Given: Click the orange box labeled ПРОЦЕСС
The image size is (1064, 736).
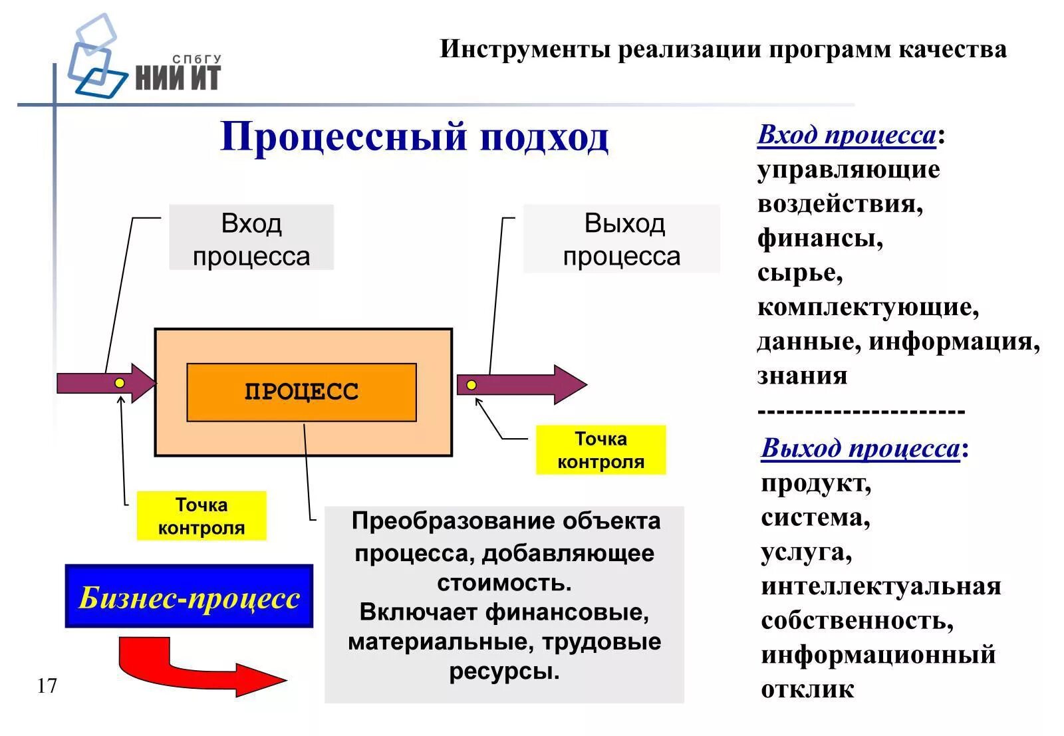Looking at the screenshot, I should [301, 392].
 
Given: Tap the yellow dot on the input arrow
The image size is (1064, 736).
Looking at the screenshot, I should [120, 383].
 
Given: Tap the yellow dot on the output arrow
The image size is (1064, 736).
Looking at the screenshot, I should [471, 385].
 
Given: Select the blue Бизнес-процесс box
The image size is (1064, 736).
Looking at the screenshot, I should [189, 596].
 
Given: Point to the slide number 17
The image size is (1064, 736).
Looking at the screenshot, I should [47, 685].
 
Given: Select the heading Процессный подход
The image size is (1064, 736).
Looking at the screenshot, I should [414, 138].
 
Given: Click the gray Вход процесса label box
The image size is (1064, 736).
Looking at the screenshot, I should [251, 238].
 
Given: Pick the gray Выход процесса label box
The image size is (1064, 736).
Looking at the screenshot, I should [622, 239].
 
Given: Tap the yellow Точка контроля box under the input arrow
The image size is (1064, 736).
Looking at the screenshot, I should [201, 516].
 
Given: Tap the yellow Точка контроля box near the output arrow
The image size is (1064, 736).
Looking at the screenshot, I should [600, 450].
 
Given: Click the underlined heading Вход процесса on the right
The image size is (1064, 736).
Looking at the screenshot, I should [847, 135].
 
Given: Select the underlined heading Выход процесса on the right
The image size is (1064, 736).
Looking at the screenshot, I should [861, 448].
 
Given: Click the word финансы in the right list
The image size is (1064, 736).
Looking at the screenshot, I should [819, 238].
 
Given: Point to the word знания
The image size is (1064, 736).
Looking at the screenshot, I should [802, 376].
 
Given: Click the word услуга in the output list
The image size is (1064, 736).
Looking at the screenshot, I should [805, 552].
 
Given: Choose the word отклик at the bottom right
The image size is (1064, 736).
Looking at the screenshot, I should [807, 689].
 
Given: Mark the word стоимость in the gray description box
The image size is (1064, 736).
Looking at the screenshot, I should [503, 582].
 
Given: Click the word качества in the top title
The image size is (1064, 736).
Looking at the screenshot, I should [952, 49].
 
